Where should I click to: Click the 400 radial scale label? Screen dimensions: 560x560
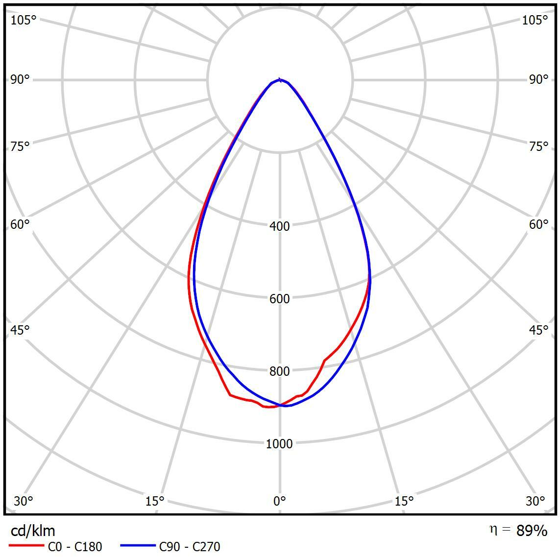(280, 226)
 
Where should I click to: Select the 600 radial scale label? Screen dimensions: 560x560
(280, 298)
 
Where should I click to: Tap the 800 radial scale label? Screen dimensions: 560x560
(280, 371)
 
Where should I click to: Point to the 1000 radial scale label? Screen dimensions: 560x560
(279, 443)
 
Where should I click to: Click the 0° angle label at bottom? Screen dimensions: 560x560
(280, 501)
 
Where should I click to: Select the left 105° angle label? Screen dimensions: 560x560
(24, 20)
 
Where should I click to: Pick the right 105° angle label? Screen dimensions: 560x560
(535, 20)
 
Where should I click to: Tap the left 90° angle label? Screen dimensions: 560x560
(20, 79)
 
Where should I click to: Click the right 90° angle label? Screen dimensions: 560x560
(539, 79)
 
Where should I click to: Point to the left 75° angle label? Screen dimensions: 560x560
(20, 146)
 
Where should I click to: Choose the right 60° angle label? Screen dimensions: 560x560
(539, 224)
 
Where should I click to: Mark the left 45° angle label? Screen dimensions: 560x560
(20, 330)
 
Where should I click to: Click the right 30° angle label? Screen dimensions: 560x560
(536, 501)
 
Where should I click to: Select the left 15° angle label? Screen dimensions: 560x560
(155, 501)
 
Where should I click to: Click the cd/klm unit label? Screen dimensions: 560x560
(33, 531)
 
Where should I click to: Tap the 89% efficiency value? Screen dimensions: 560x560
(532, 531)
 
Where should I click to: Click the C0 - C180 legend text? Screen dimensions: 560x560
(75, 546)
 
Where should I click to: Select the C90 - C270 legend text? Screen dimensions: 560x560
(190, 546)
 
